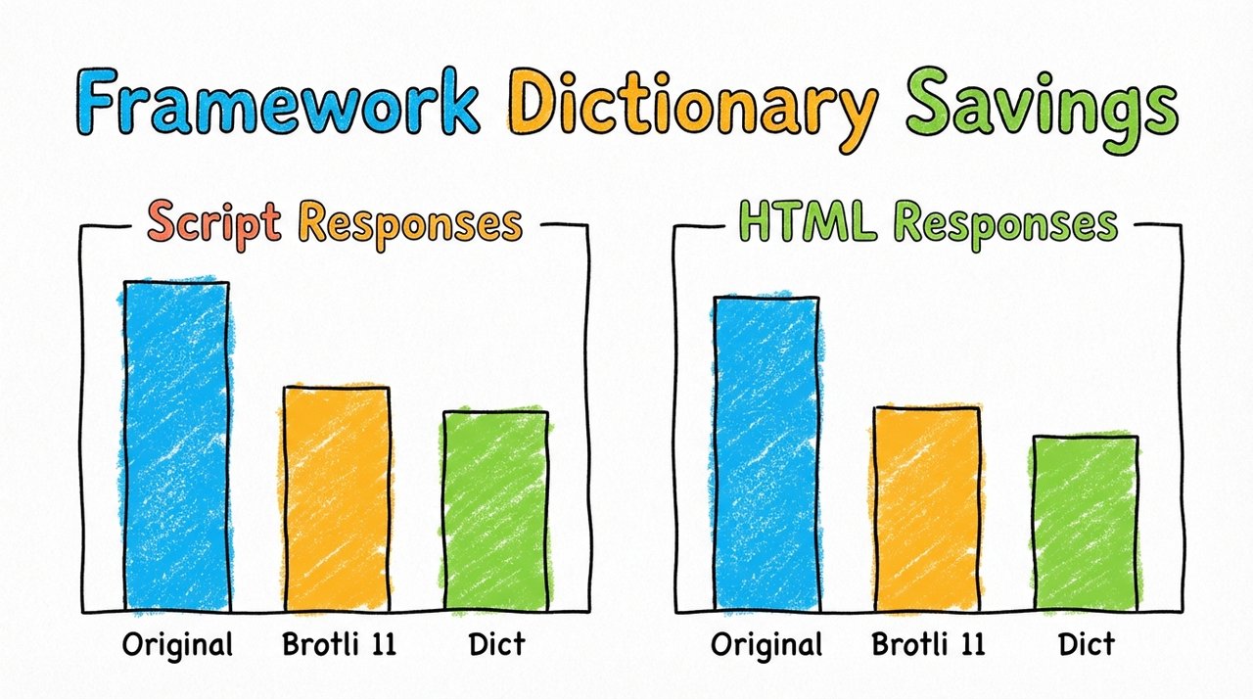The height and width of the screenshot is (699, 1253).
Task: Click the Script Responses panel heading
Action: click(334, 223)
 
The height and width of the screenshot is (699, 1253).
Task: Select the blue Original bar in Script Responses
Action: click(176, 445)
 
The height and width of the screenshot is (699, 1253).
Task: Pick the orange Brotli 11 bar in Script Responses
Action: click(337, 498)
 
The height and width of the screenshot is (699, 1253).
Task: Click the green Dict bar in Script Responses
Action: click(495, 510)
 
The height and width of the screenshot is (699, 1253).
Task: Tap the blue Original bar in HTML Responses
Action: click(766, 453)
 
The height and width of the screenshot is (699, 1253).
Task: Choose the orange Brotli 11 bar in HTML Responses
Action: click(927, 508)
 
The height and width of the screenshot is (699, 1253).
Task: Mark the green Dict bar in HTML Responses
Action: click(1086, 523)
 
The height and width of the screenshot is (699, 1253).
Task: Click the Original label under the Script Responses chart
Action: click(178, 646)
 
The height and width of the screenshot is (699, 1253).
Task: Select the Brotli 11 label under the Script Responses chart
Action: click(338, 646)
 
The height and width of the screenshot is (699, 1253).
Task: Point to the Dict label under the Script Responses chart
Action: click(495, 646)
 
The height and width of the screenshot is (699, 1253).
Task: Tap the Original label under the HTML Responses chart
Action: click(767, 646)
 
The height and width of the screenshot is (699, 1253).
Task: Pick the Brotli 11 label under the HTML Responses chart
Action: click(928, 646)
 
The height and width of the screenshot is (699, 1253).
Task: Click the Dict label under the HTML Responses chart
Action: click(1086, 646)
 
